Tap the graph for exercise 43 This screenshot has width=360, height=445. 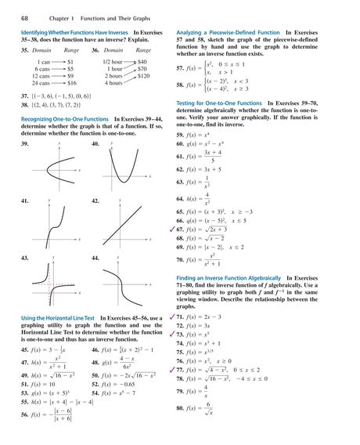click(56, 281)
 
